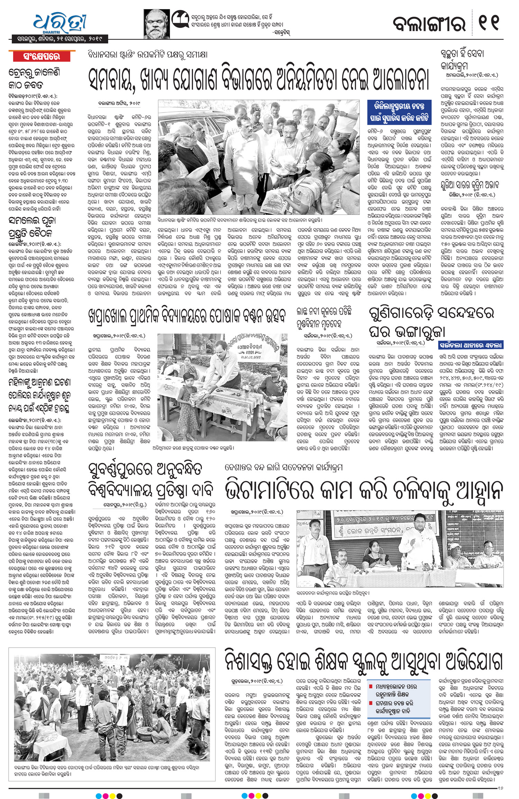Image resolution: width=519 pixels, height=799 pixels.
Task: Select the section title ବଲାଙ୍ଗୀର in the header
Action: point(429,24)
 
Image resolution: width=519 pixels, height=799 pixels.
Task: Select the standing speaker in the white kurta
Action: point(413,546)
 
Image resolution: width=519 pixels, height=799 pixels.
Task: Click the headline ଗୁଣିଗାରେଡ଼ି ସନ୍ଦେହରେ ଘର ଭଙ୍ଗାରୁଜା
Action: point(431,321)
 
